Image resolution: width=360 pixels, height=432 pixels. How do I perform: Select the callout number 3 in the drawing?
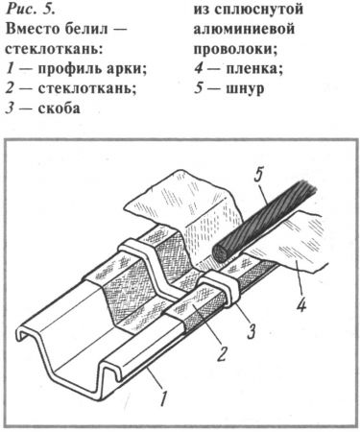pyautogui.click(x=252, y=330)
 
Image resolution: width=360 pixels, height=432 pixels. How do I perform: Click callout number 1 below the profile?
pyautogui.click(x=163, y=396)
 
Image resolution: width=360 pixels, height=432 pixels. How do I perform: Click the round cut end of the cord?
pyautogui.click(x=221, y=254)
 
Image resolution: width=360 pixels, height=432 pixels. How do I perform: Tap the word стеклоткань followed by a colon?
pyautogui.click(x=55, y=49)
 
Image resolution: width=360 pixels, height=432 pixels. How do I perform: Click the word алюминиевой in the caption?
pyautogui.click(x=244, y=29)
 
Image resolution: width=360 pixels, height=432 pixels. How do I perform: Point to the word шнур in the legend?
pyautogui.click(x=246, y=88)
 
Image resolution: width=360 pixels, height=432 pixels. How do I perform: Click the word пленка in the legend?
pyautogui.click(x=254, y=69)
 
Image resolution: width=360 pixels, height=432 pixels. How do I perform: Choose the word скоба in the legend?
pyautogui.click(x=60, y=108)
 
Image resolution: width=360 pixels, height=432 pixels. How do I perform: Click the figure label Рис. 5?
pyautogui.click(x=31, y=9)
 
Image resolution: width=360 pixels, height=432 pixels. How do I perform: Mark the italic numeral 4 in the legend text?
pyautogui.click(x=199, y=69)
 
